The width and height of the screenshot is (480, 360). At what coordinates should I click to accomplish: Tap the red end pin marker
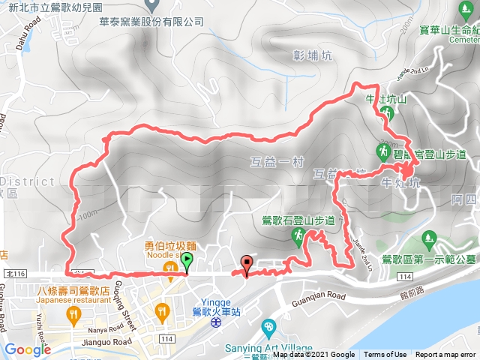247,264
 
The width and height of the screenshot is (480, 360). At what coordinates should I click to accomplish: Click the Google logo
27,350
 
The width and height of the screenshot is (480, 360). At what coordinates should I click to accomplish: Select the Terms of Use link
385,355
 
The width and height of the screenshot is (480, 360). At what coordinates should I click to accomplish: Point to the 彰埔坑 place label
309,55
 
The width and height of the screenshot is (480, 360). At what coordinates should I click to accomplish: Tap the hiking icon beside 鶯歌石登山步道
297,236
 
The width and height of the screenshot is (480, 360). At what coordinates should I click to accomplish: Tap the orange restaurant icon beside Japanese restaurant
73,316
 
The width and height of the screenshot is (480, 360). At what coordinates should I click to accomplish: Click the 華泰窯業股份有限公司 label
151,22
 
